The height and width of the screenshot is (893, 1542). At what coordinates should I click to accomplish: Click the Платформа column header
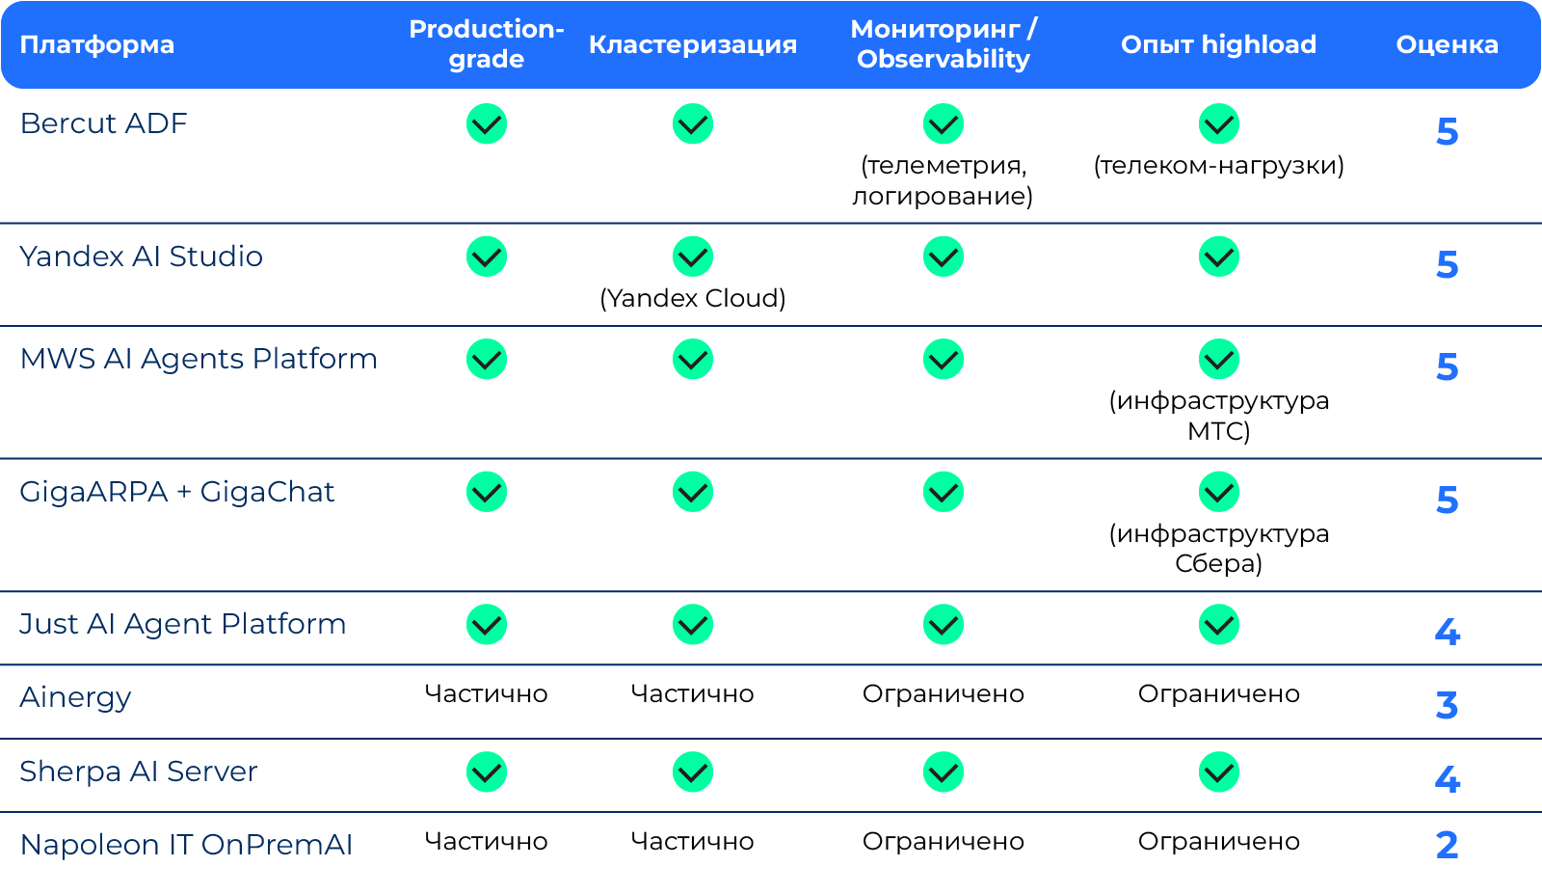97,44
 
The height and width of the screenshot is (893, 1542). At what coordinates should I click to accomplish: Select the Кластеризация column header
693,44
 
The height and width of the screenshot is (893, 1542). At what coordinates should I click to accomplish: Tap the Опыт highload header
1218,44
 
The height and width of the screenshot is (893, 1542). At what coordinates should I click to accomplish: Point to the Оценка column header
1447,44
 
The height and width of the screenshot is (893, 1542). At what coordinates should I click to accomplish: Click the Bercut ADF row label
103,123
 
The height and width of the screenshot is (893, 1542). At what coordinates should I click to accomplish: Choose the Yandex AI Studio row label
141,257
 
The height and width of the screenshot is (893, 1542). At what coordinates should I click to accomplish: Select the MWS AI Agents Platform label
199,359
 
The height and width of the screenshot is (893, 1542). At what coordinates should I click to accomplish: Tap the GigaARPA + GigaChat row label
177,492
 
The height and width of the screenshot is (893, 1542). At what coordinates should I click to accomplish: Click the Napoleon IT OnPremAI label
186,845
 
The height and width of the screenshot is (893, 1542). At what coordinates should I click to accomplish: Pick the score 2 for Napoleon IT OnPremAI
1447,846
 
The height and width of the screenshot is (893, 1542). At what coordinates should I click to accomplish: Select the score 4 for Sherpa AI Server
1447,779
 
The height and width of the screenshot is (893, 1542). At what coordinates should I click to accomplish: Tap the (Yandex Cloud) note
693,298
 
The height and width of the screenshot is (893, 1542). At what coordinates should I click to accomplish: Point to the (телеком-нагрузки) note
1218,165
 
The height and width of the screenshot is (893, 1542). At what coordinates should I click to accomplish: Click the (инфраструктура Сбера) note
1218,549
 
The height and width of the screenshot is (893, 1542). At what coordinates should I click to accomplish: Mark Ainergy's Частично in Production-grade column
486,693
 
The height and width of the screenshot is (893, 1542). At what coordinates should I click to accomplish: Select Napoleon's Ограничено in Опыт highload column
1218,841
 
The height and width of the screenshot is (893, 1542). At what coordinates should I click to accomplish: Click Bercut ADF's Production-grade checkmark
487,124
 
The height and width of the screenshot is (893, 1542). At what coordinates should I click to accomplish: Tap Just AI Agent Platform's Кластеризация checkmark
693,624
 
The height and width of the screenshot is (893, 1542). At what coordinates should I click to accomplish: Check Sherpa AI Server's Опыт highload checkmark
1219,771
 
